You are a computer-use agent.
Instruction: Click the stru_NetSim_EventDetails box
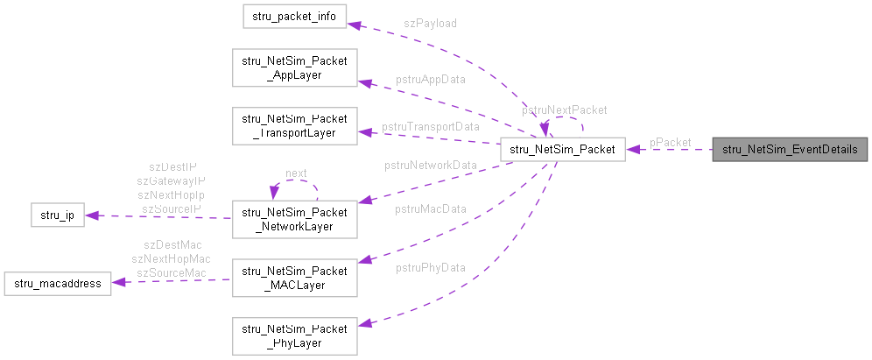coord(790,149)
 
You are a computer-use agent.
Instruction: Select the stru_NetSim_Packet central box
coord(562,149)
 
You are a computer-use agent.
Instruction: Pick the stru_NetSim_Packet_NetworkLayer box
coord(294,219)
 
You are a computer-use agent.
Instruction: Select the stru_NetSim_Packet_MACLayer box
coord(294,275)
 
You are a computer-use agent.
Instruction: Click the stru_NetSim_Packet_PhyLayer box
coord(294,335)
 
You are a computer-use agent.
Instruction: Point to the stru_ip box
coord(57,215)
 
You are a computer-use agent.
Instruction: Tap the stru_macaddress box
coord(58,283)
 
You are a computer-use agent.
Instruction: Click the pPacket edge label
coord(670,142)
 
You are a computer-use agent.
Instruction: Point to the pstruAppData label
coord(430,79)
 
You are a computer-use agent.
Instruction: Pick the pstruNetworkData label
coord(431,165)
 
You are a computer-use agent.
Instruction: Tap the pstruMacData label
coord(430,208)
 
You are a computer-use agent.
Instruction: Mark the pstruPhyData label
coord(430,266)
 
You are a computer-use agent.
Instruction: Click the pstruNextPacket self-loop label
coord(564,110)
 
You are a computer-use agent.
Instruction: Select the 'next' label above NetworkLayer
coord(296,173)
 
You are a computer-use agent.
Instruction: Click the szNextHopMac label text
coord(171,258)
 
